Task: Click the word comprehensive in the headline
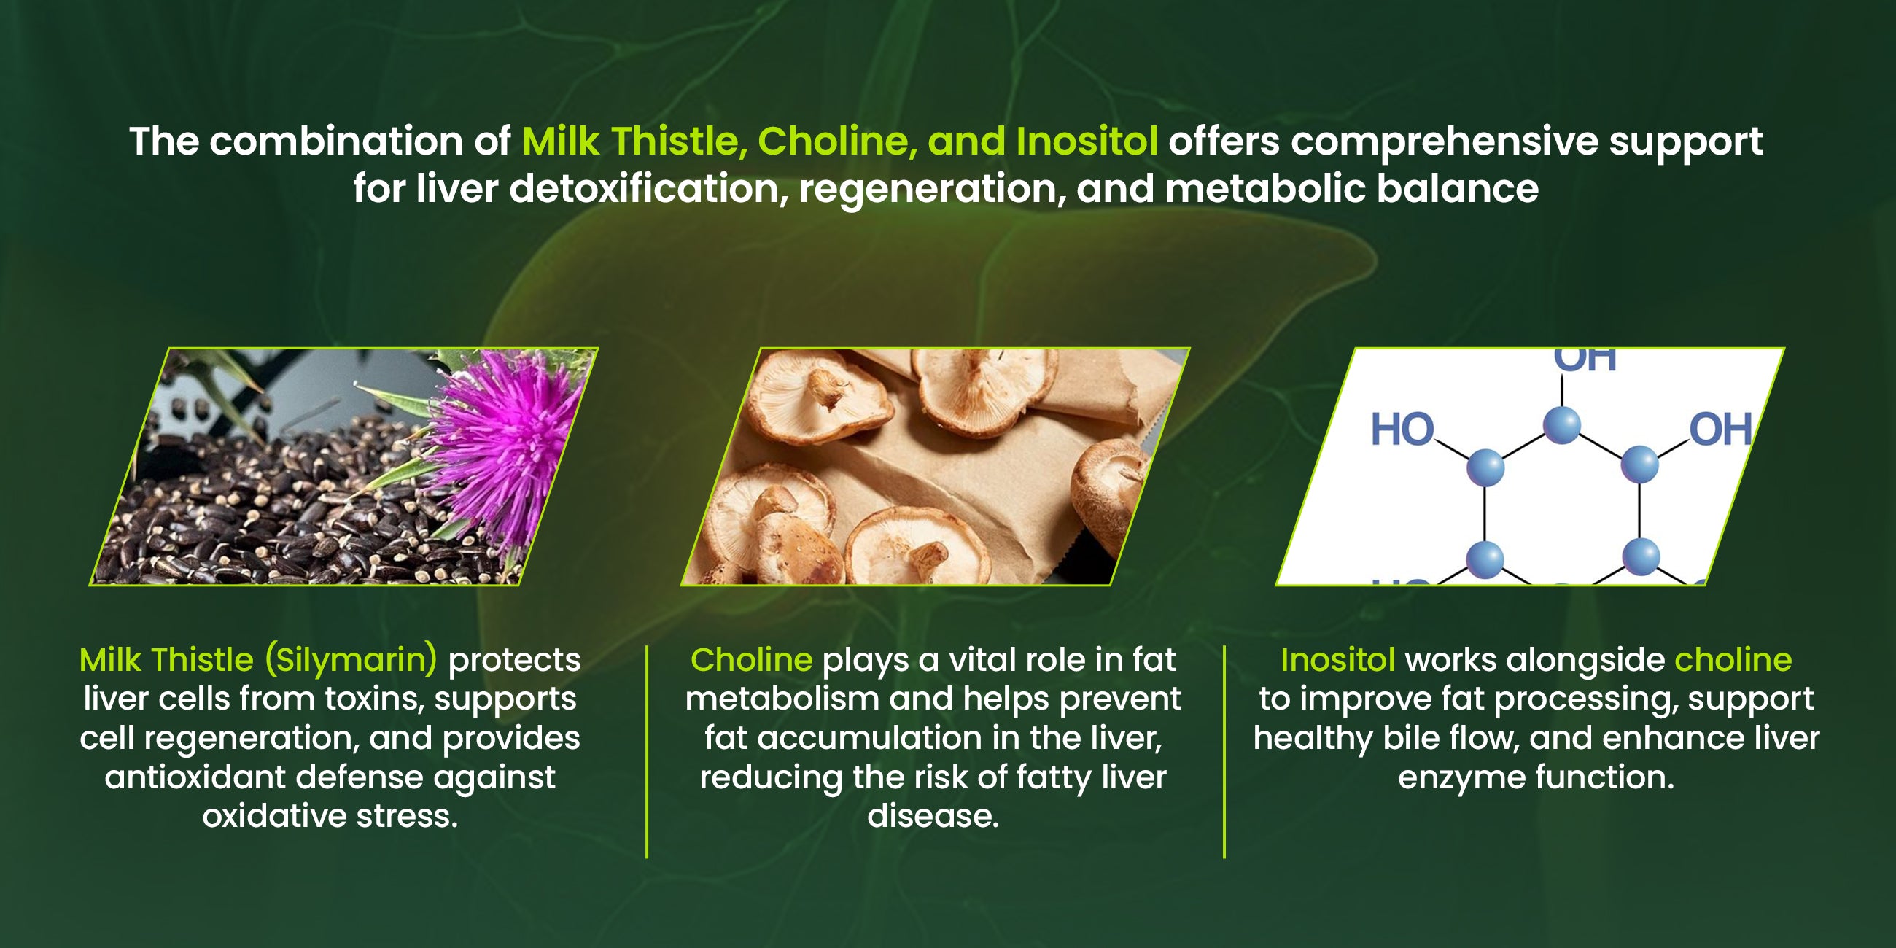(1444, 142)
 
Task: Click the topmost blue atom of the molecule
(1561, 424)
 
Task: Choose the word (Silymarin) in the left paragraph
(351, 660)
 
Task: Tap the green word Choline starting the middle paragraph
(752, 659)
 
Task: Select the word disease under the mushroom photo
(933, 815)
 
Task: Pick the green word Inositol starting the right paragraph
(1338, 659)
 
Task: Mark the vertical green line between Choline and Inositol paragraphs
(1224, 752)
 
